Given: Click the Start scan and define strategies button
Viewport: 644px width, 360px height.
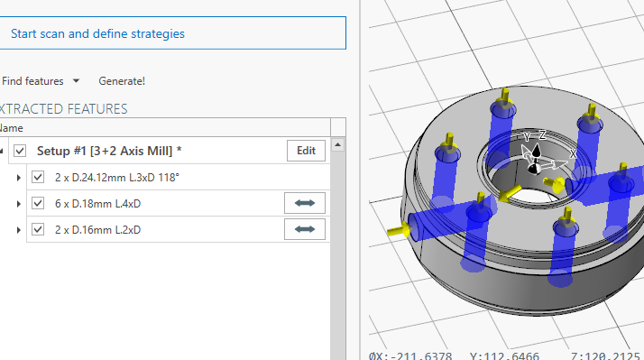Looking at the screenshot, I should point(172,33).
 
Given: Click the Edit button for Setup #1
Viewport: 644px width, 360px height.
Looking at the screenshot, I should point(306,151).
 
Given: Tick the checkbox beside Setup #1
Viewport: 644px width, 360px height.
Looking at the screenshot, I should point(21,151).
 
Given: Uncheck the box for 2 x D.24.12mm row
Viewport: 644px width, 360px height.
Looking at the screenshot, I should point(38,178).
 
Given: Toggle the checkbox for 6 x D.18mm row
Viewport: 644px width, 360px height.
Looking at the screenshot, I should point(38,204).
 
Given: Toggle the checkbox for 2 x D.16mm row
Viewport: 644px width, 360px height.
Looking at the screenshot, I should point(38,230).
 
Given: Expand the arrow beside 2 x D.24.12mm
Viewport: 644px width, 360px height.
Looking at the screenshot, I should point(19,178).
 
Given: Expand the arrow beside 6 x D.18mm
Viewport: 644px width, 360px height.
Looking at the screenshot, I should point(19,204).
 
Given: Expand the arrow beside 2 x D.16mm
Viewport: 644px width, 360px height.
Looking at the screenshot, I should point(19,230).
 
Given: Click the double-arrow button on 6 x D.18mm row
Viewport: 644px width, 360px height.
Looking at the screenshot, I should point(305,204).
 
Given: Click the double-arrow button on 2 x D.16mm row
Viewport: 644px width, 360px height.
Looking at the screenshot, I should point(305,230).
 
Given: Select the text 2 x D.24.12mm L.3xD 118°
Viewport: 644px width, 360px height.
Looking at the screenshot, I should point(116,178).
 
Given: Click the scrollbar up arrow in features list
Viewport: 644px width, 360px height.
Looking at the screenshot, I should point(338,144).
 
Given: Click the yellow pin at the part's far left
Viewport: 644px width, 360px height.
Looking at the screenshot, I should point(395,231).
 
